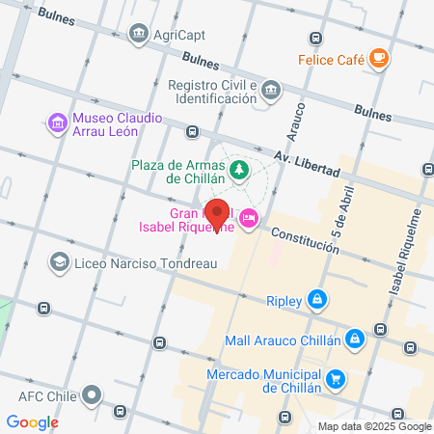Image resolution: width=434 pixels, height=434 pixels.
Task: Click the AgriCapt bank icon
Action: (x=141, y=36)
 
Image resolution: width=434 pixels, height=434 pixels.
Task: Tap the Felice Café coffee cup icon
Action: (x=379, y=59)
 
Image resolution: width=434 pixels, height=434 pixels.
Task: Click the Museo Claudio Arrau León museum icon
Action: (x=56, y=122)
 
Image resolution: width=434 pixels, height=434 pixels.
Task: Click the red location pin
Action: (x=217, y=214)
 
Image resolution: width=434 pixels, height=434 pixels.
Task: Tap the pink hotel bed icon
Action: (x=249, y=219)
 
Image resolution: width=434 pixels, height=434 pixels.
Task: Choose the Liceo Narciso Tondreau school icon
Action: (x=59, y=261)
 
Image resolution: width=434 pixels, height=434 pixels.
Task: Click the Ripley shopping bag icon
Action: (x=316, y=299)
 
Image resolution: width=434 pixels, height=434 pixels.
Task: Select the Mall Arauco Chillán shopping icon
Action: (x=356, y=339)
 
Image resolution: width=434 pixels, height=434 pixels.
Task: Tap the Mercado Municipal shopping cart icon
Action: (x=336, y=379)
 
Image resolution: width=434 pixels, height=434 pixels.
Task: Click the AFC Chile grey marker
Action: (x=92, y=394)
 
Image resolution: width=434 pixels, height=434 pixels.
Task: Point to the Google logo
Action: (x=33, y=421)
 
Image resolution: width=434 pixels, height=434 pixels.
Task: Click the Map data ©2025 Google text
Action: (x=375, y=426)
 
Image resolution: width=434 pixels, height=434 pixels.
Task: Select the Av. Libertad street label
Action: (x=308, y=164)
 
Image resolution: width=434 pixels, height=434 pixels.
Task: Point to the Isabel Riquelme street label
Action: (x=406, y=258)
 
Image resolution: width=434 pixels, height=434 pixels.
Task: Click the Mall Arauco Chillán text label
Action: (x=283, y=339)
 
